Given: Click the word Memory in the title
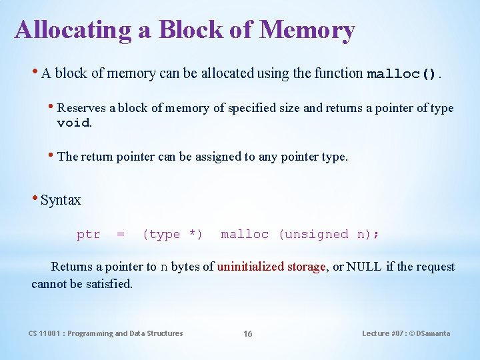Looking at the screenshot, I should (307, 30).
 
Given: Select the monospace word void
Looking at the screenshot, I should (73, 123).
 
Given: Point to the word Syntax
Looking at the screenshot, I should (61, 200).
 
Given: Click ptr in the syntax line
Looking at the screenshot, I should (89, 235).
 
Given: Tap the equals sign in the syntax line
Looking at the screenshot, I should (121, 235).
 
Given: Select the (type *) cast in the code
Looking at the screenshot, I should (173, 235).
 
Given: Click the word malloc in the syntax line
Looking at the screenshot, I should (245, 235).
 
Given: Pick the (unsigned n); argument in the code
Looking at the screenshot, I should (329, 235).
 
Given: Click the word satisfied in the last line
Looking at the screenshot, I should (109, 283).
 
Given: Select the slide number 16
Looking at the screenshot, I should (248, 334).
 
